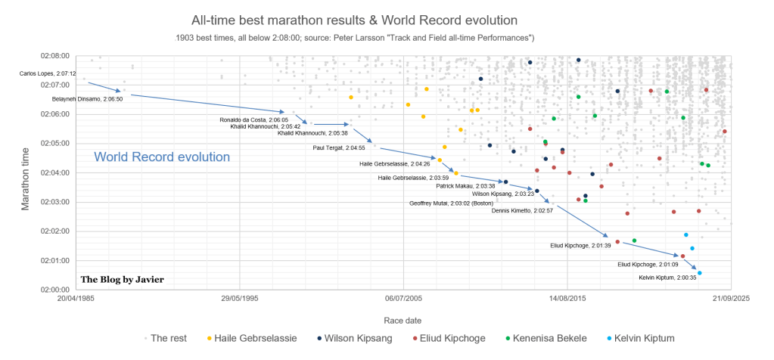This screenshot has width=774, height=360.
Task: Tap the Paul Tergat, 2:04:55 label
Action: click(339, 147)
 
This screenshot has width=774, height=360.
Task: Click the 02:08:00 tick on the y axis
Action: click(54, 55)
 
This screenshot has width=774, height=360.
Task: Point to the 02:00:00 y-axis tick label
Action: click(54, 289)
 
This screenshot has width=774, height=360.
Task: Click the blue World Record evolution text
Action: click(162, 157)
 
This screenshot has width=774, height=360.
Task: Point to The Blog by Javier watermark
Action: click(122, 279)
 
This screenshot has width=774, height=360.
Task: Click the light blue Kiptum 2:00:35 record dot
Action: click(699, 273)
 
